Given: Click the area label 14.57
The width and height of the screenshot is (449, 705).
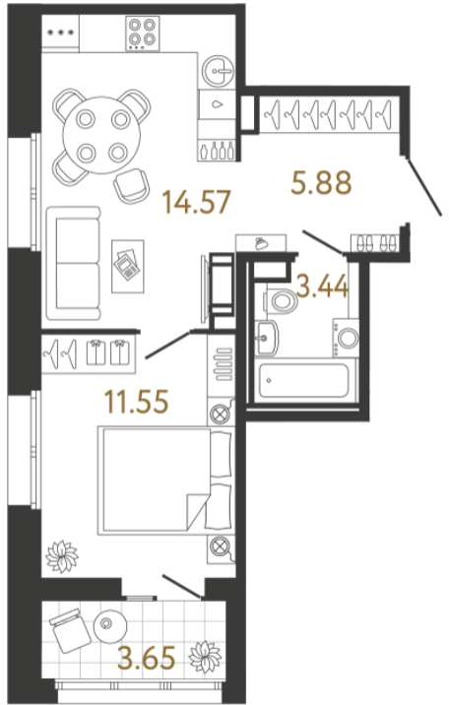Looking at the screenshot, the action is (196, 202).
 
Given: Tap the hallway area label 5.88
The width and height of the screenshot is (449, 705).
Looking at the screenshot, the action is (321, 183).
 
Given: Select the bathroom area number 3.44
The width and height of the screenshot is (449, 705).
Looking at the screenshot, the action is (323, 287).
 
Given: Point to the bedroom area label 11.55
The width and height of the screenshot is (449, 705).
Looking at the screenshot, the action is (136, 401).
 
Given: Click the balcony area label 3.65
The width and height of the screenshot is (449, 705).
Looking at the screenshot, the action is (147, 658).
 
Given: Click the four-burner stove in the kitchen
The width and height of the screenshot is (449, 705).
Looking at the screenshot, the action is (143, 33).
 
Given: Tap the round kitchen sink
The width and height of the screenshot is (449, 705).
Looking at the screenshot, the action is (218, 71).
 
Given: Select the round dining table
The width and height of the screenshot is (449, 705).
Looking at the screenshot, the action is (102, 135).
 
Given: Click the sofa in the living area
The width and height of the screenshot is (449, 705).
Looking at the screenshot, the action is (72, 264).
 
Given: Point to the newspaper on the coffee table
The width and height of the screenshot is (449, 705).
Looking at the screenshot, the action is (127, 265).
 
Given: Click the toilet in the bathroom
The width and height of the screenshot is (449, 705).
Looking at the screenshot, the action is (281, 300).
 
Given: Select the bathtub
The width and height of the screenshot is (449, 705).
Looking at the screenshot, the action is (304, 381).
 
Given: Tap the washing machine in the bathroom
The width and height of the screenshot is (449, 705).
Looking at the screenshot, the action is (346, 338).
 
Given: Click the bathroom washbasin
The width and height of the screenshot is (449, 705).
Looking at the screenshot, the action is (266, 338).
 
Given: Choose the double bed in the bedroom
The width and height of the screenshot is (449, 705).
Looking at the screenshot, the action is (165, 481).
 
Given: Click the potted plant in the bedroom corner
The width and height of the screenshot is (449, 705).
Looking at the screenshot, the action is (62, 556).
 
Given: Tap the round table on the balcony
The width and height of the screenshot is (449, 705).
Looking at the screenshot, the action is (110, 626).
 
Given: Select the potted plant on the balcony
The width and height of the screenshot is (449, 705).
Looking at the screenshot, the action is (205, 657).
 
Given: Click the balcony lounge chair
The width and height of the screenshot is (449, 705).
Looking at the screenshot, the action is (70, 630).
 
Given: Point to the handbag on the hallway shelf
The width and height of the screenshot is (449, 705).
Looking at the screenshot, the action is (260, 244).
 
